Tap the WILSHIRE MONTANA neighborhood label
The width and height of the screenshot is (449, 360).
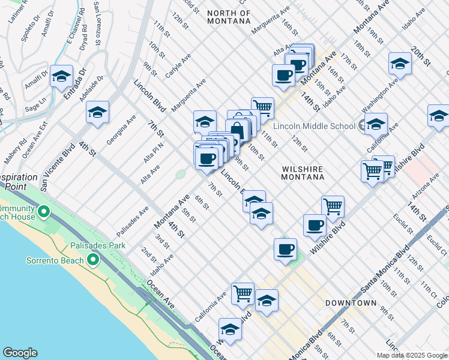(303, 173)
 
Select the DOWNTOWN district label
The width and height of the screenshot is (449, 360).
(351, 303)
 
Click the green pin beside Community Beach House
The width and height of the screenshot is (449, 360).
(43, 211)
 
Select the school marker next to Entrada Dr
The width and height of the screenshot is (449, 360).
(61, 76)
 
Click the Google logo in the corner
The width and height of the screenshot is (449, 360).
(20, 353)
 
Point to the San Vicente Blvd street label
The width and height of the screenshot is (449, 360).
(58, 167)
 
